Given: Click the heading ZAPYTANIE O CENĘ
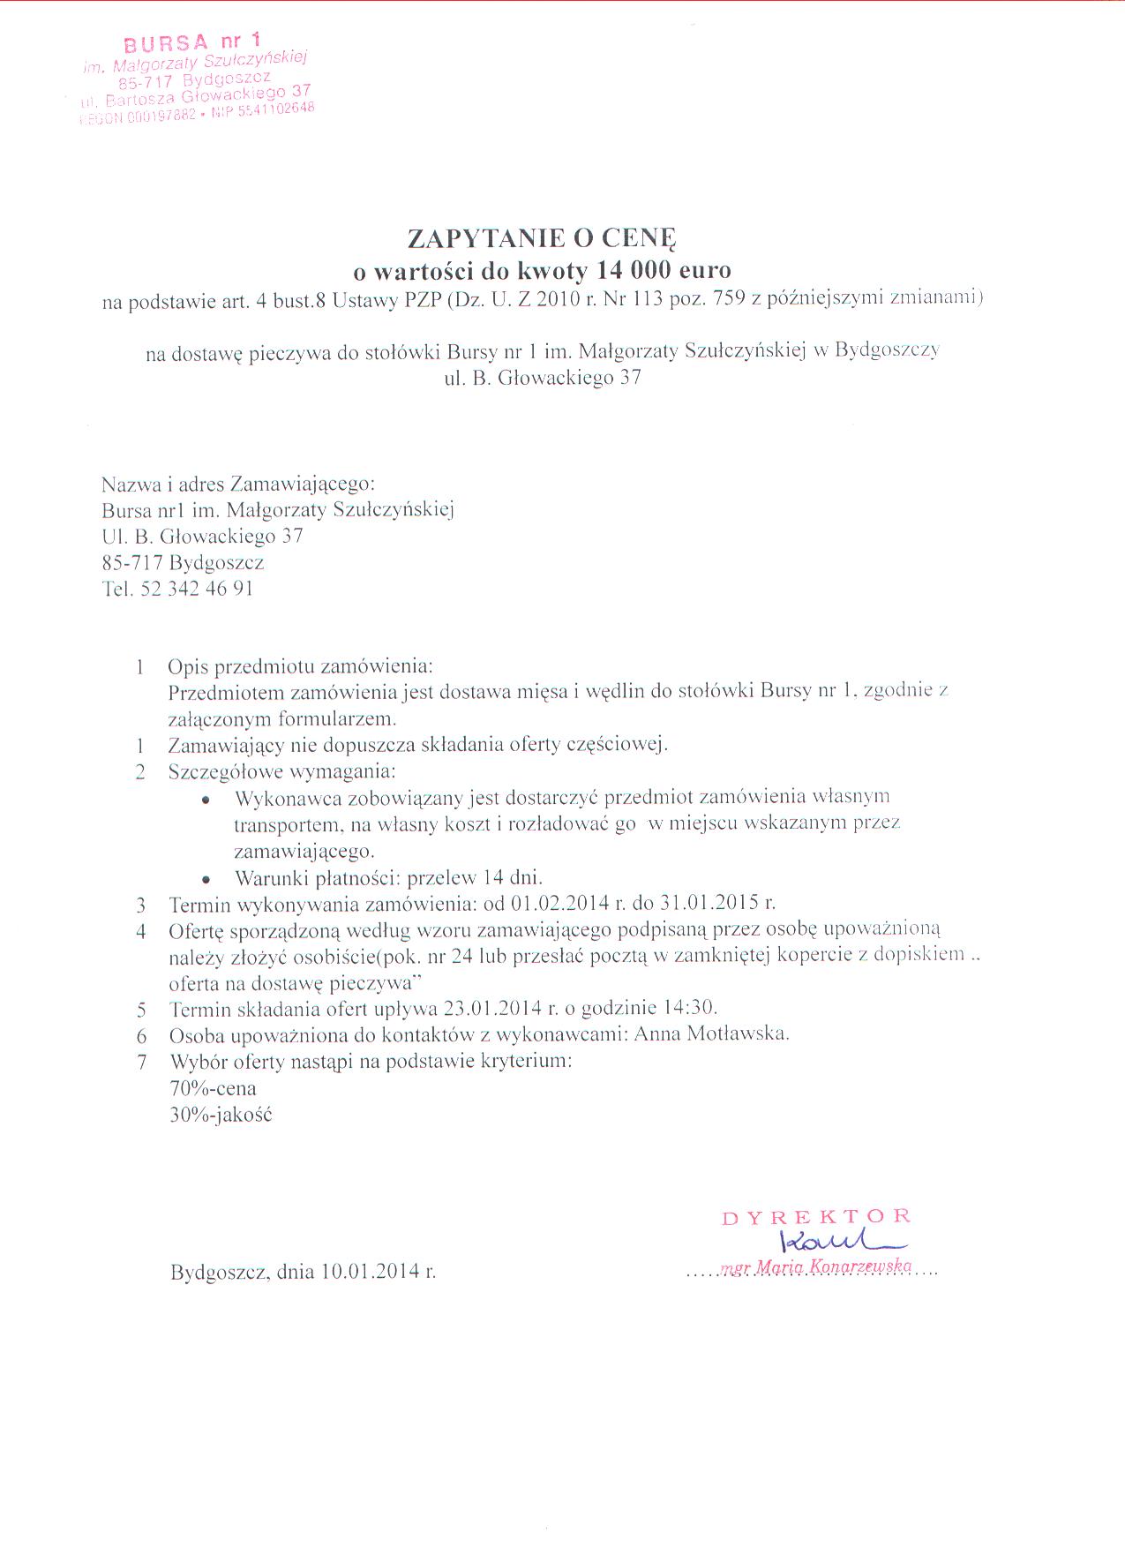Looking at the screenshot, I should (x=541, y=238).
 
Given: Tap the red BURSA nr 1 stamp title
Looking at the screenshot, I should (x=191, y=42).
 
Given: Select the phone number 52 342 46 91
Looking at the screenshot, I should (x=197, y=589).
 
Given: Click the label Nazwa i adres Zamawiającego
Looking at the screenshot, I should (x=238, y=485).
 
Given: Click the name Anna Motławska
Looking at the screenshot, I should (x=711, y=1033).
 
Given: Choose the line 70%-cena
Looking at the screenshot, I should (x=213, y=1088).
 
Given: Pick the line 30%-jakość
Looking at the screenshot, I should (x=221, y=1115).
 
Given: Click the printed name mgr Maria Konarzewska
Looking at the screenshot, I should (x=816, y=1267).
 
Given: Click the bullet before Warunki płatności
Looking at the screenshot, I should (x=206, y=879).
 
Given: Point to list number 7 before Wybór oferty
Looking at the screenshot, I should (x=141, y=1061).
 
